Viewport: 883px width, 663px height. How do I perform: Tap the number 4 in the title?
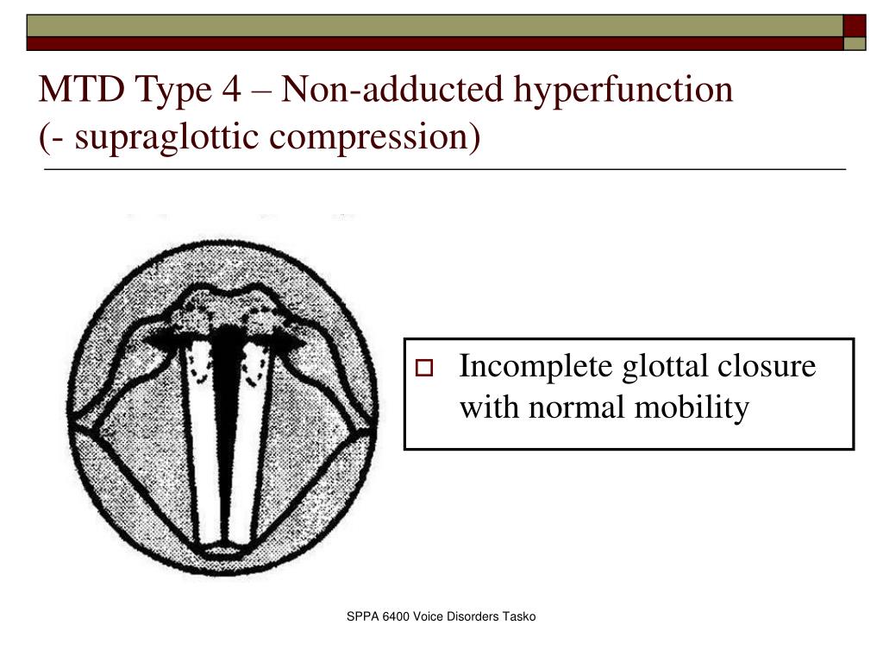230,90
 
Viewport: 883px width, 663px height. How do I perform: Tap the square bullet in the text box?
423,369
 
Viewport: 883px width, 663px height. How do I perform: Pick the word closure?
767,367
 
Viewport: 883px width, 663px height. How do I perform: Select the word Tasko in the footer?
520,616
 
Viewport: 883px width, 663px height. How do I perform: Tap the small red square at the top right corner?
854,25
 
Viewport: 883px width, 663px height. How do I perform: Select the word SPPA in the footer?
361,616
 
